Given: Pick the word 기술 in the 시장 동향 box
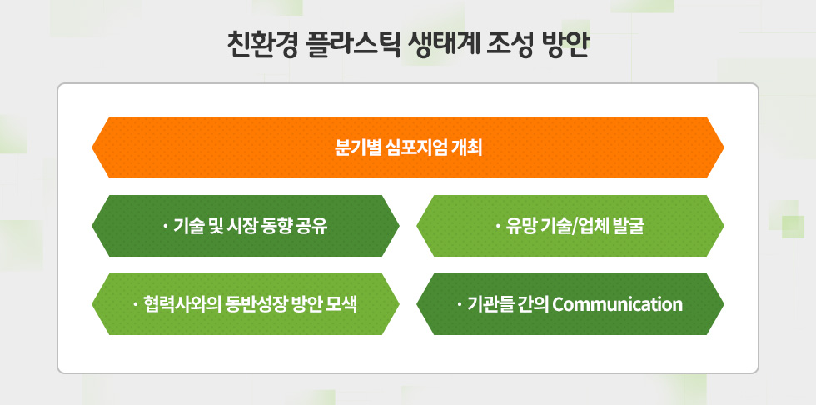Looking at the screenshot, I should tap(187, 226).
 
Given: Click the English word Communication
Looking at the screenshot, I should tap(617, 304).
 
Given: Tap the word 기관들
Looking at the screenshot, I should tap(491, 304).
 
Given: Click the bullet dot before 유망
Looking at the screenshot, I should tap(498, 226).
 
